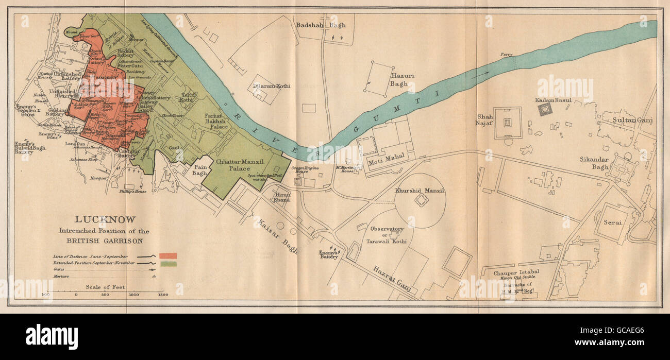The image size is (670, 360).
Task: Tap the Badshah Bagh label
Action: pos(324,24)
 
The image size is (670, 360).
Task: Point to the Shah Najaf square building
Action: pos(508,123)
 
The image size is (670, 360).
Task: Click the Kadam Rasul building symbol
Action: pos(544,109)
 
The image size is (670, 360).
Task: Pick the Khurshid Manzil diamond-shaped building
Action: pos(422,200)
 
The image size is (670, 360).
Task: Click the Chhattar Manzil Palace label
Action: pos(241,165)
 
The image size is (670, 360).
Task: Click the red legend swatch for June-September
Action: pos(168,255)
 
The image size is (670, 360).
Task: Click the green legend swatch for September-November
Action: pos(168,264)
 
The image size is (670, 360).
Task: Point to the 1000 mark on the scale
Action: pos(133,295)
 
